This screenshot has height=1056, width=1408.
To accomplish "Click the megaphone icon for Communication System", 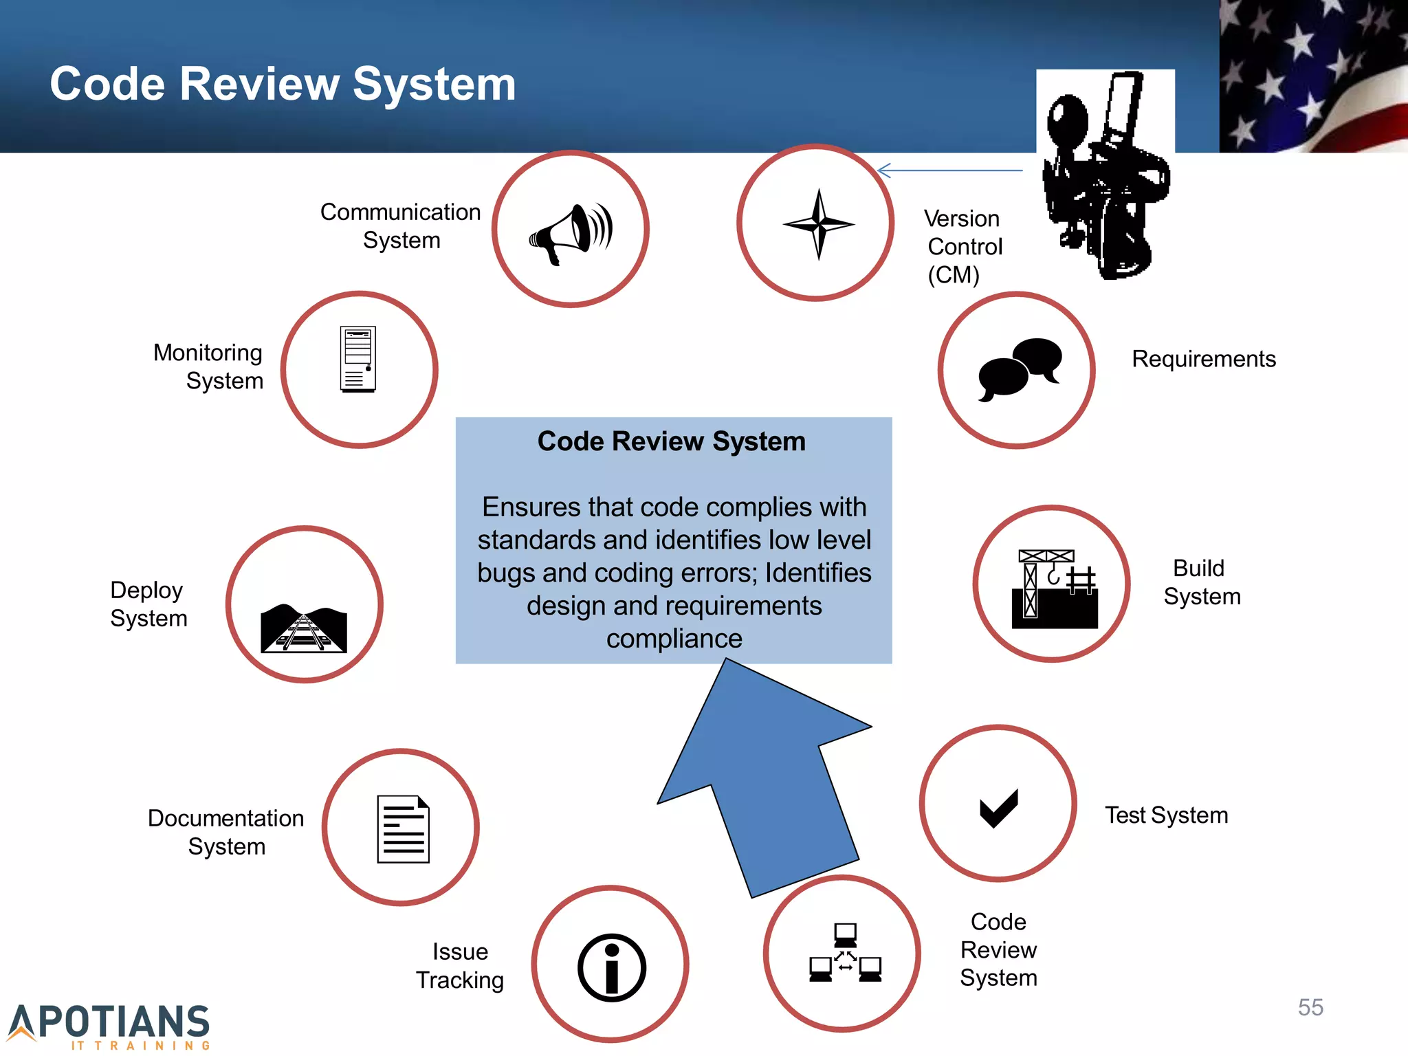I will pyautogui.click(x=571, y=232).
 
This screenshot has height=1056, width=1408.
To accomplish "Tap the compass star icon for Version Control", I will pyautogui.click(x=818, y=224).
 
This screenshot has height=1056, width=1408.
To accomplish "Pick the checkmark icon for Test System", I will pyautogui.click(x=998, y=808).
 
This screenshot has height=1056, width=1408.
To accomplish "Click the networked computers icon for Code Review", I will pyautogui.click(x=845, y=953).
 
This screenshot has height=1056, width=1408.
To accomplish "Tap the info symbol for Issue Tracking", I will pyautogui.click(x=611, y=967).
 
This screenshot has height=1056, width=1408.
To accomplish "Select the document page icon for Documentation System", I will pyautogui.click(x=403, y=828).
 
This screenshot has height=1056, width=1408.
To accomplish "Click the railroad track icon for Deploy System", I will pyautogui.click(x=304, y=628).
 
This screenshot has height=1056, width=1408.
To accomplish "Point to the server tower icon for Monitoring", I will pyautogui.click(x=358, y=359).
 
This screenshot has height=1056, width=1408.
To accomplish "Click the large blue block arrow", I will pyautogui.click(x=763, y=777).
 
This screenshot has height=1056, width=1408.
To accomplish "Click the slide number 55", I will pyautogui.click(x=1310, y=1007).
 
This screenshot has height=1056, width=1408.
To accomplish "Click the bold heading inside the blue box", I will pyautogui.click(x=671, y=441).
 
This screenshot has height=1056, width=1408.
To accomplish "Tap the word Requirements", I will pyautogui.click(x=1203, y=359).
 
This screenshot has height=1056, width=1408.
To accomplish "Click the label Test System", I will pyautogui.click(x=1166, y=815).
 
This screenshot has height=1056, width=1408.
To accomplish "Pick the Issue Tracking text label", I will pyautogui.click(x=460, y=965).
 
